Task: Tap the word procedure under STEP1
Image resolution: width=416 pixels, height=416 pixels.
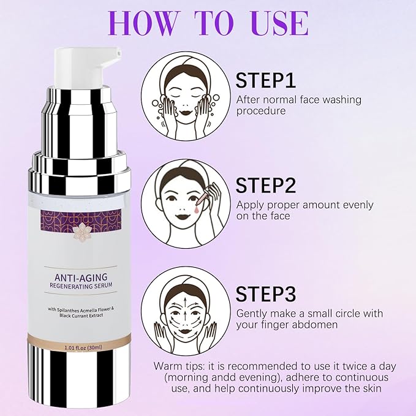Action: pyautogui.click(x=261, y=110)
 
